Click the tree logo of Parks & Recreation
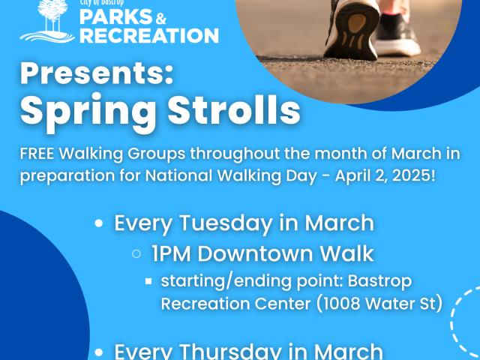47,21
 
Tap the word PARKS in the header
116,16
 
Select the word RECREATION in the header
149,35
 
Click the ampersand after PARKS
160,18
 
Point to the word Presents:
97,73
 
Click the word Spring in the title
88,112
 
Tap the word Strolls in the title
234,109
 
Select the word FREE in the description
37,153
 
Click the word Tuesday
226,223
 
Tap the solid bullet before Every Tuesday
98,223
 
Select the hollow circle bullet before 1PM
136,253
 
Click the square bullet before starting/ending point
148,281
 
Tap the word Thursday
230,351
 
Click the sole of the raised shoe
352,31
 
